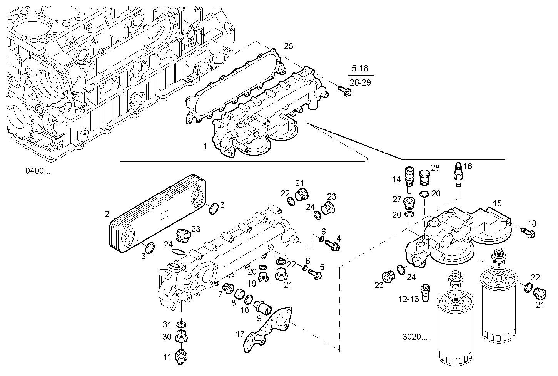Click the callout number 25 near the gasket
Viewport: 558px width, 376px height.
pos(289,46)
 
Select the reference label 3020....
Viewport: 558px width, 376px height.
pos(416,337)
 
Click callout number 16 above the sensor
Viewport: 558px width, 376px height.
pos(468,166)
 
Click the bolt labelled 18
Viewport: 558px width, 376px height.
pos(528,232)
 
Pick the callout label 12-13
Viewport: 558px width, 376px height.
pos(409,299)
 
